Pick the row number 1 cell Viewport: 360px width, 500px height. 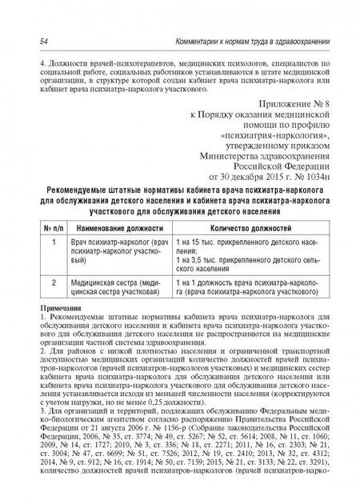pos(53,241)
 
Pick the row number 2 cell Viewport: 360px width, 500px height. pos(53,282)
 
